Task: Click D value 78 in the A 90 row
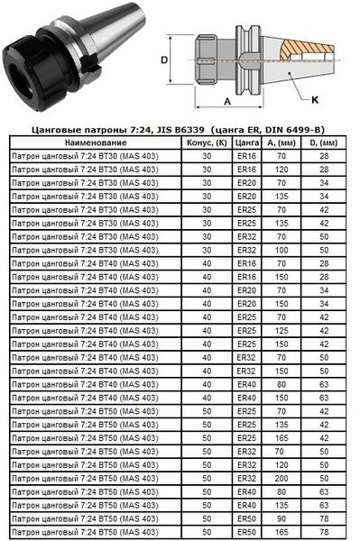(323, 518)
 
